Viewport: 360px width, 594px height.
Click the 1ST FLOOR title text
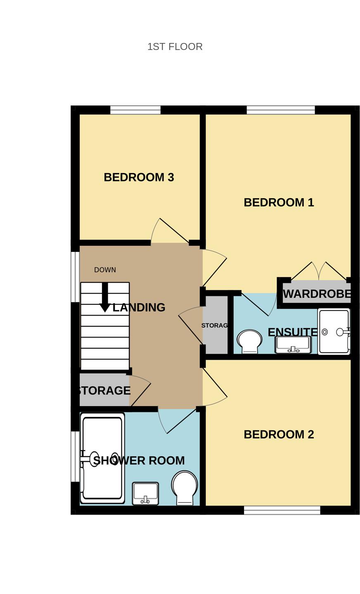click(175, 47)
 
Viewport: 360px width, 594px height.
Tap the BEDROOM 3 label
click(139, 177)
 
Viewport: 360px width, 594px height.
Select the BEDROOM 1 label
click(279, 202)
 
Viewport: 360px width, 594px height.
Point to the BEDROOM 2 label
click(279, 435)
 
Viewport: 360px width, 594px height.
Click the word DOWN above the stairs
click(105, 270)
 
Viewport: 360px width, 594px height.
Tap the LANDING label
click(139, 307)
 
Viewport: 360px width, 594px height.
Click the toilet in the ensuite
click(249, 341)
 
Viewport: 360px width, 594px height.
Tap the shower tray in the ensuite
click(334, 331)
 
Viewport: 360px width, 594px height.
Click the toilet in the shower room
click(185, 488)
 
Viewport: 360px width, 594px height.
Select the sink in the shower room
click(145, 493)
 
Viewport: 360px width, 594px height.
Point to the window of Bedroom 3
click(135, 110)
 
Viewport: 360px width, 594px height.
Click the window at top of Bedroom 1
click(281, 110)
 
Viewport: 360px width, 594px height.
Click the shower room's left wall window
click(75, 456)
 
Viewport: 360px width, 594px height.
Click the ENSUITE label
click(292, 332)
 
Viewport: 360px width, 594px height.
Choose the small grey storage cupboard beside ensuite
click(215, 325)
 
